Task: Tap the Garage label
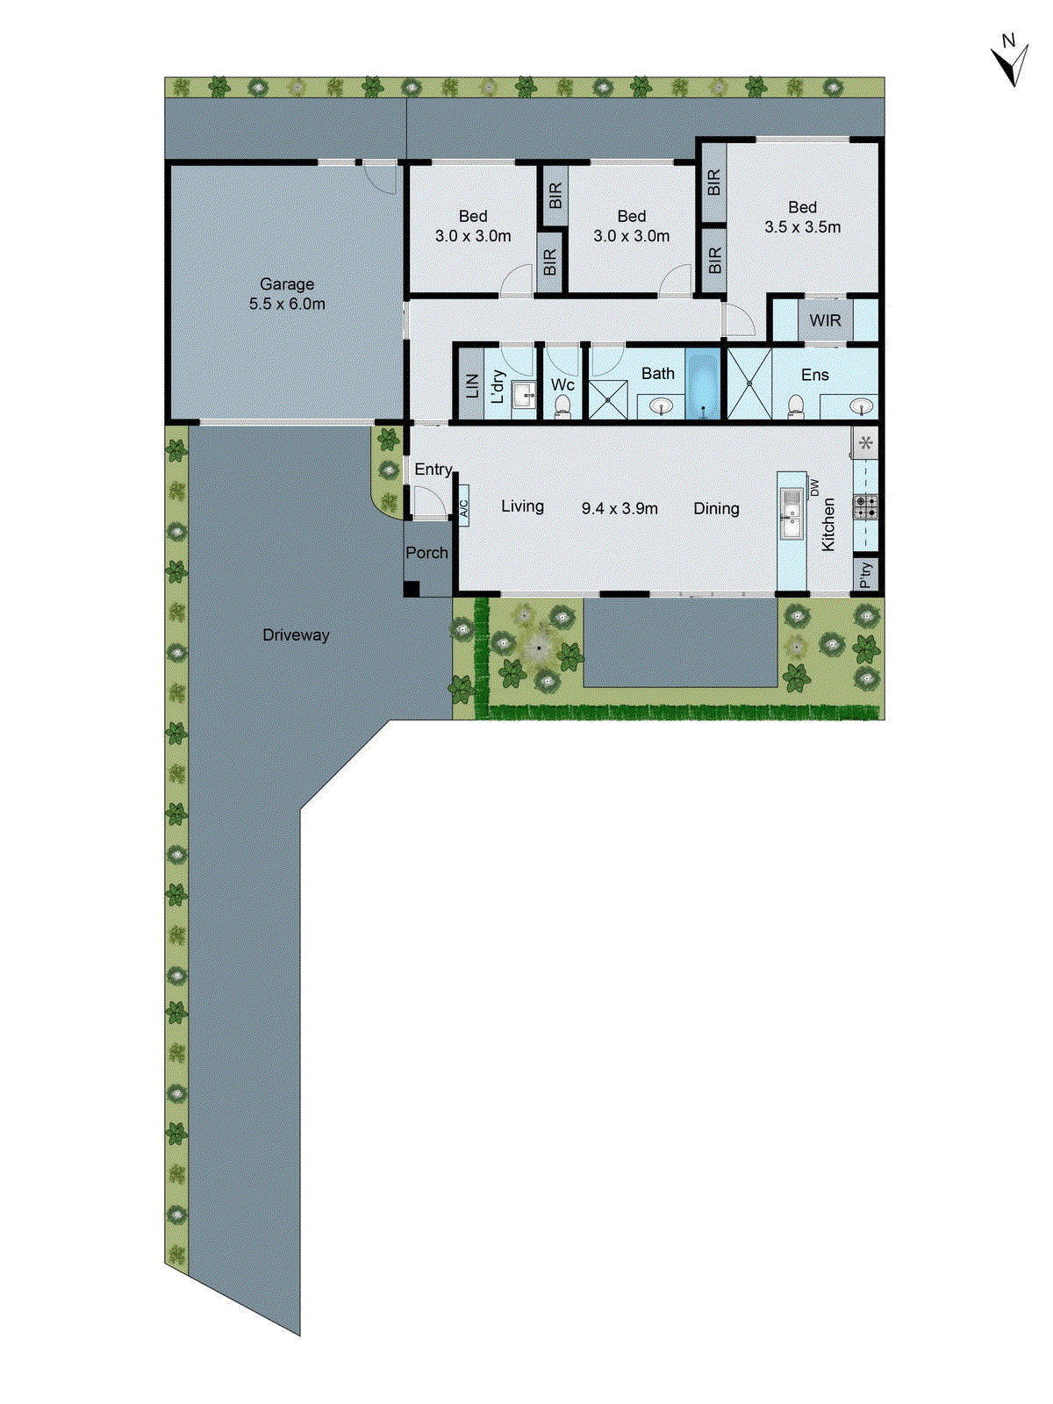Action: click(287, 283)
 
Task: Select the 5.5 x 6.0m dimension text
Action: click(287, 304)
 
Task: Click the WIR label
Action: click(825, 320)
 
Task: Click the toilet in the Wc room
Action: click(562, 406)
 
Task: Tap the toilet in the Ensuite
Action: click(795, 406)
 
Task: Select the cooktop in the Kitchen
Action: click(865, 506)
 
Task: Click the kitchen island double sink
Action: click(792, 512)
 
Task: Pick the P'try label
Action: click(866, 575)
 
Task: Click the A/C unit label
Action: click(463, 508)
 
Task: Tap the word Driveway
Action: click(296, 634)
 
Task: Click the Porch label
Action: click(426, 553)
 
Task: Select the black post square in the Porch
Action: click(412, 590)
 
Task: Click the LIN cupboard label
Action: click(472, 384)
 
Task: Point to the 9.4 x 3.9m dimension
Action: click(620, 508)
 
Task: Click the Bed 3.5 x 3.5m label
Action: click(802, 217)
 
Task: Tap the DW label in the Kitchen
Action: click(815, 487)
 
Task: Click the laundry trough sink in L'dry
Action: click(524, 394)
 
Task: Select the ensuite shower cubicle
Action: click(749, 383)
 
